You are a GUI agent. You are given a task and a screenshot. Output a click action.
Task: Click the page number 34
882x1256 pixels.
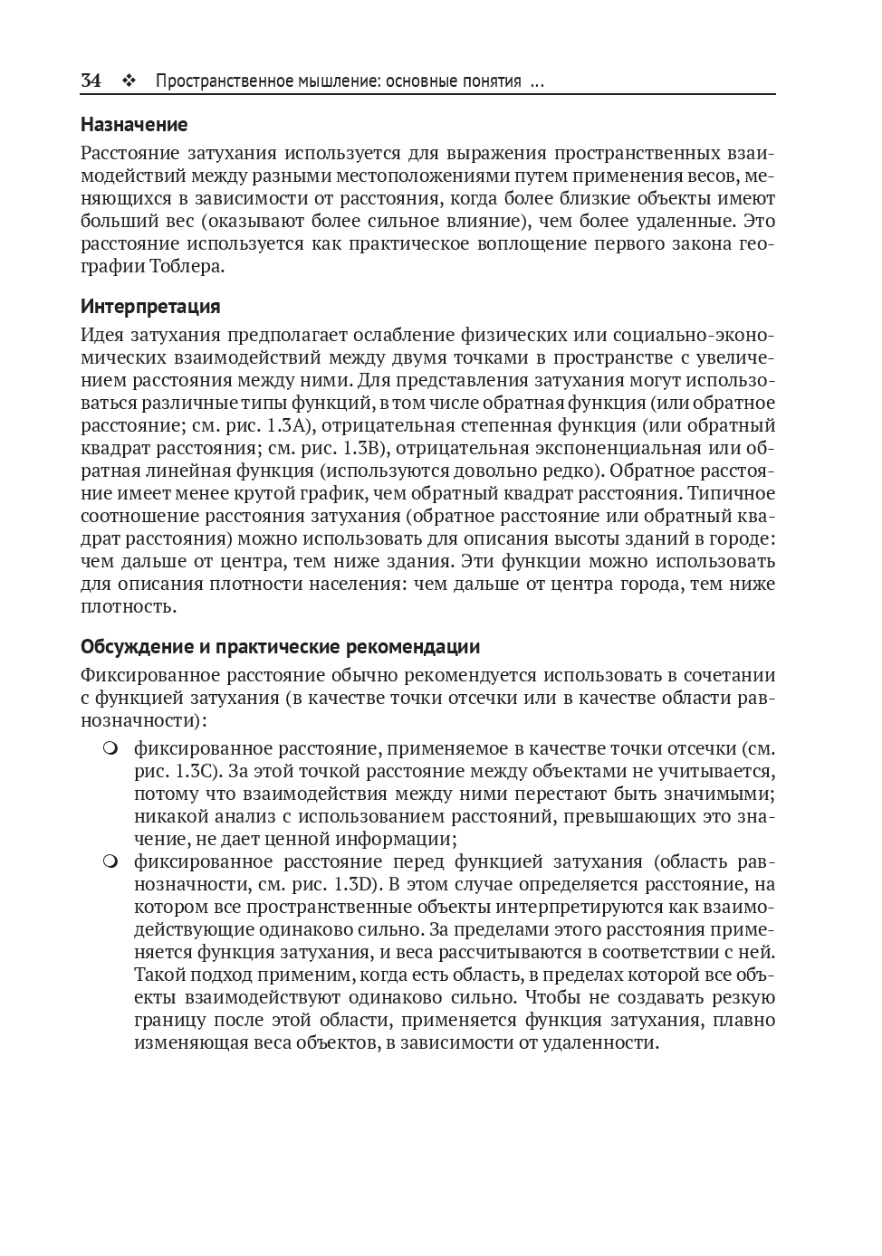[91, 81]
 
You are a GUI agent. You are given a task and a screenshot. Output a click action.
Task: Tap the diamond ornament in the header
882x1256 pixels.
[128, 81]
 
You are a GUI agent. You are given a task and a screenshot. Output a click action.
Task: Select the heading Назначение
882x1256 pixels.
[134, 124]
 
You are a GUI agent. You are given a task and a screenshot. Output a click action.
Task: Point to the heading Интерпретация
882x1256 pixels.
[150, 306]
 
